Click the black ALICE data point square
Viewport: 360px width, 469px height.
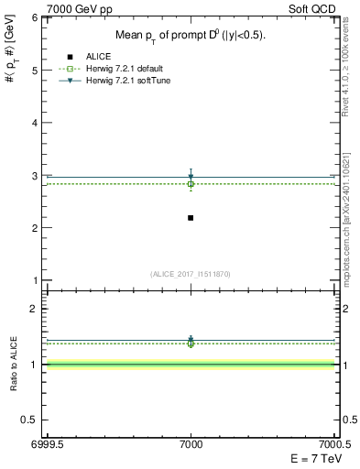pyautogui.click(x=191, y=217)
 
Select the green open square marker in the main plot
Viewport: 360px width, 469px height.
pyautogui.click(x=191, y=184)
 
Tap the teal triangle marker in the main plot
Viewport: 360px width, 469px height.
pyautogui.click(x=191, y=177)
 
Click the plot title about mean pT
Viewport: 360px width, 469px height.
pyautogui.click(x=191, y=35)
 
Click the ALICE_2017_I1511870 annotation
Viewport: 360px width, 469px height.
pyautogui.click(x=191, y=274)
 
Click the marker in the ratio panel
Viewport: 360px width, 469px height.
pyautogui.click(x=191, y=341)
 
